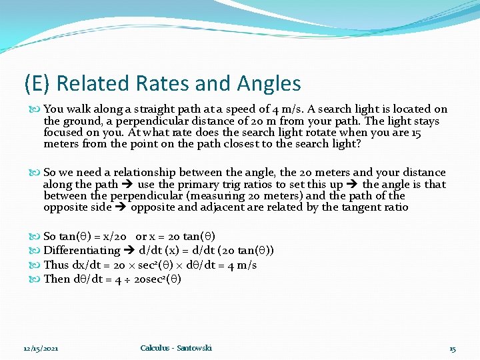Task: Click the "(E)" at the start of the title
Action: [x=37, y=83]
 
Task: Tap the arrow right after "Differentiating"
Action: [x=129, y=251]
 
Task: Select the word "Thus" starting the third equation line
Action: [x=56, y=265]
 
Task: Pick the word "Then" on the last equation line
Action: [x=56, y=279]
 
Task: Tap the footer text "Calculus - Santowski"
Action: [x=176, y=348]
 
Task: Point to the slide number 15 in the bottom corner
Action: [x=453, y=349]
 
